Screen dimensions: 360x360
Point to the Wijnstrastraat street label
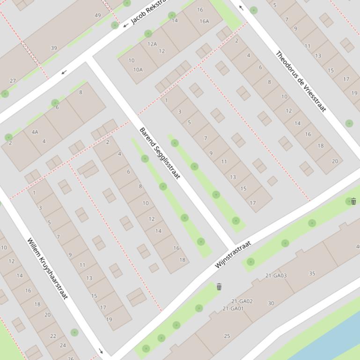point(233,254)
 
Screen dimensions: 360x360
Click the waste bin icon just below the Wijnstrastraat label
point(219,287)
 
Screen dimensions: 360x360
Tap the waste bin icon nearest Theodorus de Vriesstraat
point(353,202)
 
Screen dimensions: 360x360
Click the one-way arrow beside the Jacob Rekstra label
point(125,25)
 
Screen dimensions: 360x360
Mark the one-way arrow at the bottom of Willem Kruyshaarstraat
point(101,351)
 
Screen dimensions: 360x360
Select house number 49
point(98,15)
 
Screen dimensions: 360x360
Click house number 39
point(54,48)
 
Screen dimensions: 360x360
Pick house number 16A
point(204,21)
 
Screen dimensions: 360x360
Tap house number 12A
point(152,44)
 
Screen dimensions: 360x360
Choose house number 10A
point(138,70)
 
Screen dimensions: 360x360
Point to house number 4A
point(35,132)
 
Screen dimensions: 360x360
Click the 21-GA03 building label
point(276,275)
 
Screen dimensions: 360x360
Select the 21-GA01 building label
point(233,309)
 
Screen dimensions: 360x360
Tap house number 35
point(312,274)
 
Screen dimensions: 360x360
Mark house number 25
point(227,336)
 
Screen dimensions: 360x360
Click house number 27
point(13,81)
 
